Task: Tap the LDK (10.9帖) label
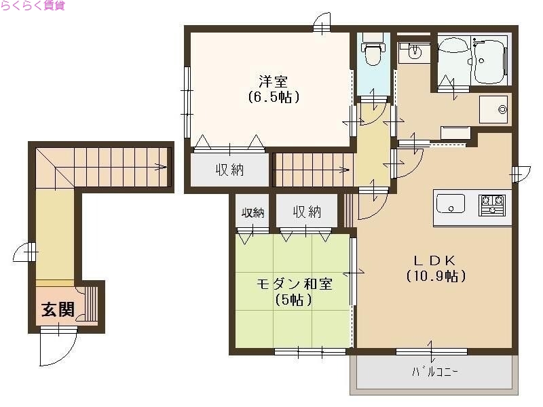point(435,268)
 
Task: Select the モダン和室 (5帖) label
point(294,292)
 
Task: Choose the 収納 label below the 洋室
point(230,170)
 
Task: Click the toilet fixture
point(371,53)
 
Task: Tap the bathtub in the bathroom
point(489,60)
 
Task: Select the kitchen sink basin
point(450,203)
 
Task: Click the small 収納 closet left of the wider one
point(253,212)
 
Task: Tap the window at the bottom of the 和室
point(310,351)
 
